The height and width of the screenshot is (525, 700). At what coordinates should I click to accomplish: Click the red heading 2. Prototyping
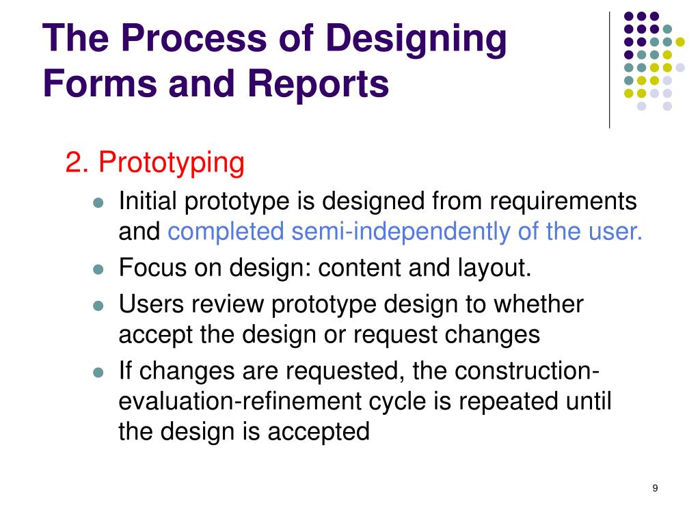(x=155, y=163)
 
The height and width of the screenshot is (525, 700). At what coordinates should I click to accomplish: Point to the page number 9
(x=655, y=488)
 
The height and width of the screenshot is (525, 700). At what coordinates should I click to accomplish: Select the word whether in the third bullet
(x=539, y=303)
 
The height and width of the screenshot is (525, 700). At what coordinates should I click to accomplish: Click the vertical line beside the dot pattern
(x=609, y=68)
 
